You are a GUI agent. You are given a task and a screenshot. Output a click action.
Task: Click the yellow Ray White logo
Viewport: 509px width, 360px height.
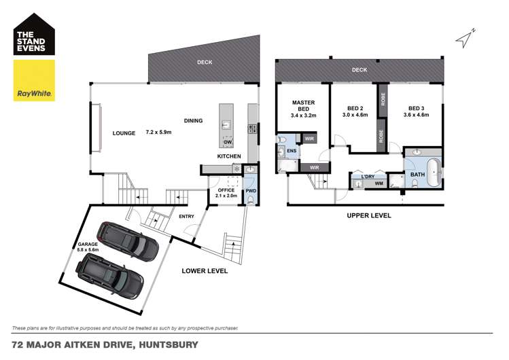[x=35, y=81]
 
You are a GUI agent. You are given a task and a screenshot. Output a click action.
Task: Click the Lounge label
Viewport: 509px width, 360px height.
[x=124, y=133]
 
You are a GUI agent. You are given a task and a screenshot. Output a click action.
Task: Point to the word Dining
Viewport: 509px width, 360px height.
[x=193, y=121]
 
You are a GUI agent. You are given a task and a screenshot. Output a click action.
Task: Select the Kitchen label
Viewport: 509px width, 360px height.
[x=229, y=157]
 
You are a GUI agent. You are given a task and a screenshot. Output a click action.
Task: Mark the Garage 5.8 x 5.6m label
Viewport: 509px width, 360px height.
[x=88, y=247]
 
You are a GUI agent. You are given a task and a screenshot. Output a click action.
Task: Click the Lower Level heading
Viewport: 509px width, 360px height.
[x=205, y=271]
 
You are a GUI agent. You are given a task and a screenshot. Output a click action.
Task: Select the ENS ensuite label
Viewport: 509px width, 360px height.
[x=291, y=151]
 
